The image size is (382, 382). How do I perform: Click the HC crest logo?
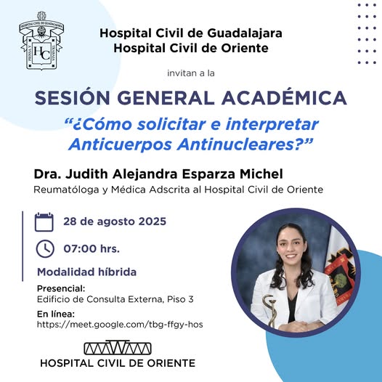coord(41,41)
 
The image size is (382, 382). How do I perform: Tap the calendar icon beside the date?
coord(44,222)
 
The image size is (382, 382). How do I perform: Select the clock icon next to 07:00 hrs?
coord(45,249)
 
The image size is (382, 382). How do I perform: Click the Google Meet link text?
coord(120,325)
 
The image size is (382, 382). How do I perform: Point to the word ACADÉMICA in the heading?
coord(284,98)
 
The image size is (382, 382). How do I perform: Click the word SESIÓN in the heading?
coord(73,98)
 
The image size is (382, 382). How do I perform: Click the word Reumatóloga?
coord(66,190)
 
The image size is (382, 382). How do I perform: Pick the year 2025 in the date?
coord(153,222)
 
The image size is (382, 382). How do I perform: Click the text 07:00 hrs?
coord(92,249)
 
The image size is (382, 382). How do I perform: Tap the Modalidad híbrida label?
coord(86,272)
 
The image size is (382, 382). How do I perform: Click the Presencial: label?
coord(61,289)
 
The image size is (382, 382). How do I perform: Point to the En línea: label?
coord(56,314)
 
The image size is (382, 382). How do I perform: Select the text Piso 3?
coord(180,299)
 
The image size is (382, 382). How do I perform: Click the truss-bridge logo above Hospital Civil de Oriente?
coord(118,348)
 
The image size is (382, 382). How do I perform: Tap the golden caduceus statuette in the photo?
coord(269,310)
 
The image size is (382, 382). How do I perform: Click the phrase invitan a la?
coord(191,73)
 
